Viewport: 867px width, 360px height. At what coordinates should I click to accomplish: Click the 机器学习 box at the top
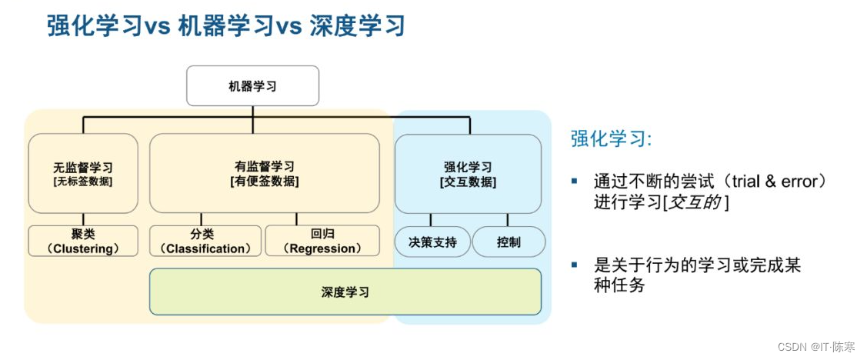pyautogui.click(x=252, y=85)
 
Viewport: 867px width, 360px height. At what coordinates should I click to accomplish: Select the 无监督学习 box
pyautogui.click(x=83, y=173)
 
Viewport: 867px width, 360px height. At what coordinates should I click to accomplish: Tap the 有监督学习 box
pyautogui.click(x=264, y=173)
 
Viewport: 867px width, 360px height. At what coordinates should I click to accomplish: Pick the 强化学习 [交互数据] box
pyautogui.click(x=468, y=174)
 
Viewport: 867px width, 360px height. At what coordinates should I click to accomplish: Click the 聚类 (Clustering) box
pyautogui.click(x=83, y=241)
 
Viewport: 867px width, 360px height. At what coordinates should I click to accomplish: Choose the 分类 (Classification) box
pyautogui.click(x=205, y=241)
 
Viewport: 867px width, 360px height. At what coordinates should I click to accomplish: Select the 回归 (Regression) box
pyautogui.click(x=322, y=241)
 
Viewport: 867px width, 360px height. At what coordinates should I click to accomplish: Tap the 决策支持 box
pyautogui.click(x=432, y=242)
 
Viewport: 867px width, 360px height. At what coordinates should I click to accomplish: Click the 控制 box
pyautogui.click(x=509, y=242)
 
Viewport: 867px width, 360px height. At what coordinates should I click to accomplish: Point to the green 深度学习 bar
pyautogui.click(x=345, y=292)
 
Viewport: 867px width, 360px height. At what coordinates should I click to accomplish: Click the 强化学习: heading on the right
pyautogui.click(x=611, y=138)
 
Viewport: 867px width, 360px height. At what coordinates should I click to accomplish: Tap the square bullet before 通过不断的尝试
pyautogui.click(x=574, y=182)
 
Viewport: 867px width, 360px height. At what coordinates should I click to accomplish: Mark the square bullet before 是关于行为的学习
pyautogui.click(x=574, y=265)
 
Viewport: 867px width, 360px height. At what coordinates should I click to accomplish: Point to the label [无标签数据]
pyautogui.click(x=83, y=182)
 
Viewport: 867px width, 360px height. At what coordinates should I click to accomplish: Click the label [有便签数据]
pyautogui.click(x=264, y=182)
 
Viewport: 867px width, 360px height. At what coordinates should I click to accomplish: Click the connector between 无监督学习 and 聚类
pyautogui.click(x=83, y=219)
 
